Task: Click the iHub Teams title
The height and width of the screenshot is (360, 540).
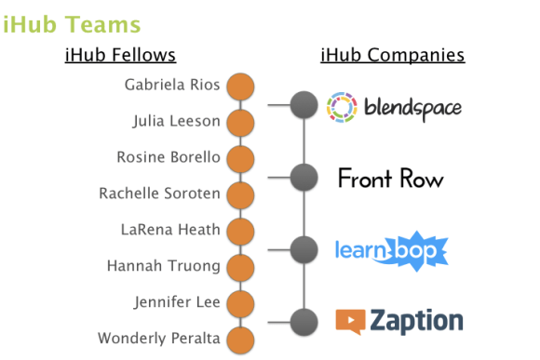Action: coord(72,23)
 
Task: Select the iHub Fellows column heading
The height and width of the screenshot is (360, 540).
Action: coord(120,56)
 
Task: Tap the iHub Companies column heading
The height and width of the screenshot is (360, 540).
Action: coord(392,56)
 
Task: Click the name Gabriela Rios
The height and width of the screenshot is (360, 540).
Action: coord(172,86)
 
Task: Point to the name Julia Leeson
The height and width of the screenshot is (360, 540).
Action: coord(176,122)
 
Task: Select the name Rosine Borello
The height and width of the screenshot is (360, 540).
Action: coord(169,157)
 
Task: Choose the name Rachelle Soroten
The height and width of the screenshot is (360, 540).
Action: coord(159,193)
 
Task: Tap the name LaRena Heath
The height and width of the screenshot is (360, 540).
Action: coord(170,230)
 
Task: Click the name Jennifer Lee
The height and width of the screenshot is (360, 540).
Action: coord(177,302)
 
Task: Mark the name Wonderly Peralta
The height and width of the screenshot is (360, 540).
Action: coord(158,339)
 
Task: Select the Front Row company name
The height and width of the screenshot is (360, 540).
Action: coord(390,178)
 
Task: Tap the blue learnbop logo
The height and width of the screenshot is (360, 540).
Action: coord(391,250)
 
